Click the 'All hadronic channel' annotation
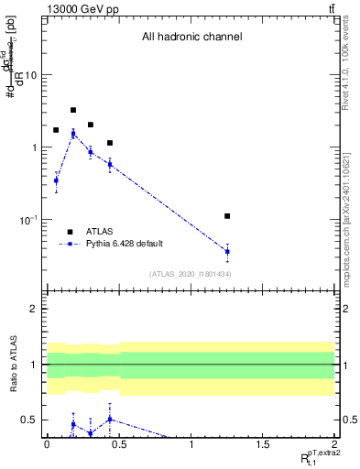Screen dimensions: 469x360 coord(191,38)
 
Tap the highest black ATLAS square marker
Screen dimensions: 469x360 coord(73,110)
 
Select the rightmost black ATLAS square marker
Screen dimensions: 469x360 coord(227,216)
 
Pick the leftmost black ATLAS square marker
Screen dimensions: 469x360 coord(56,130)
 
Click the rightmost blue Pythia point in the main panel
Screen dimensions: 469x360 coord(227,251)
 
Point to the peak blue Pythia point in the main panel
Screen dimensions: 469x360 coord(73,134)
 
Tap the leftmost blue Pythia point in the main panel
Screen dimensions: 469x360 coord(56,180)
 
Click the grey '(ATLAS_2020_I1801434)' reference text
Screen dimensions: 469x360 coord(190,274)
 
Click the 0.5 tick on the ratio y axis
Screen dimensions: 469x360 coord(29,420)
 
